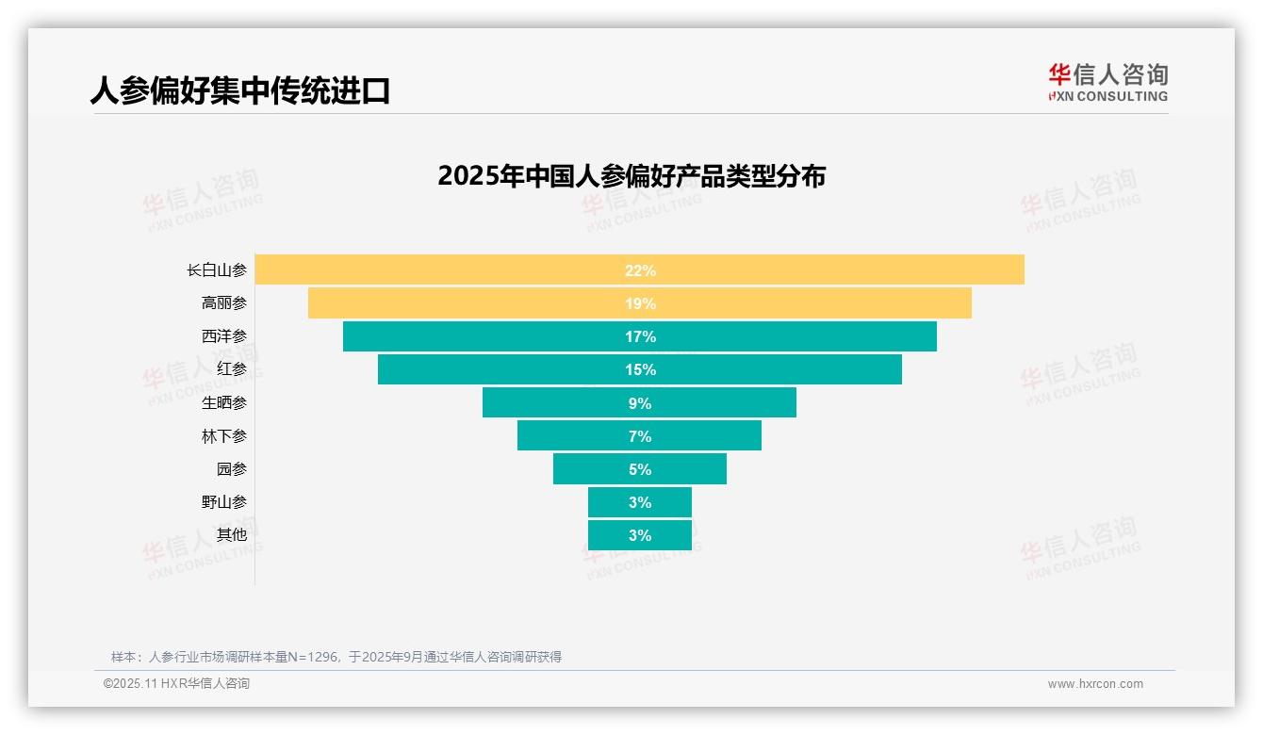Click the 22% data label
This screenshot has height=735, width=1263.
coord(640,270)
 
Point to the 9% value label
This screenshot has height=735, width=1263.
coord(640,403)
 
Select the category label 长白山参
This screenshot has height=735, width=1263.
coord(217,270)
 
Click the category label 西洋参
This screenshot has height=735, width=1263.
coord(224,336)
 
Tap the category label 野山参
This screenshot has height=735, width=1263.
coord(224,502)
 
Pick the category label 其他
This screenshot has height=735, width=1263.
coord(232,535)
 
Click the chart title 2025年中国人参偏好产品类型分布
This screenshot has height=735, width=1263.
coord(631,176)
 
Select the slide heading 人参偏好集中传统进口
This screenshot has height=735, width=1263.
coord(240,90)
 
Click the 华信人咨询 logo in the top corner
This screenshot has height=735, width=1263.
coord(1107,82)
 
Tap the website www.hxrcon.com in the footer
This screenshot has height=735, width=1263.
coord(1095,684)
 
